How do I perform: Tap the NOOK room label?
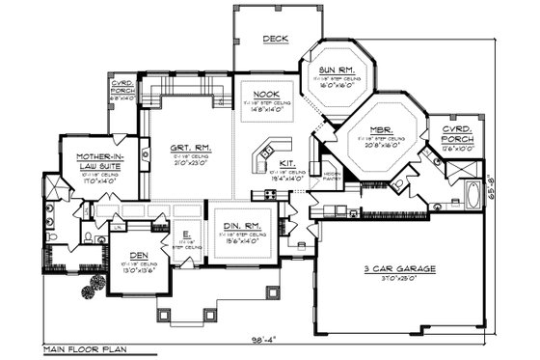[x=265, y=94]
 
